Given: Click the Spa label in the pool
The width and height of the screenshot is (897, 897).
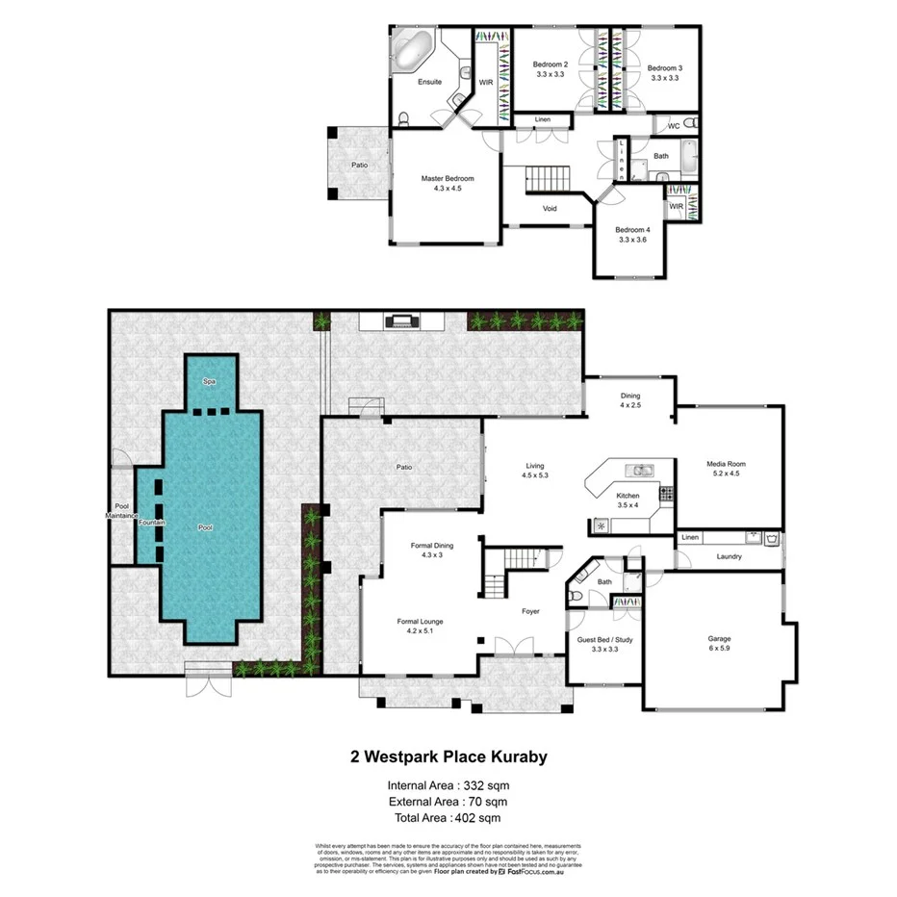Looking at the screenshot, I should pos(208,382).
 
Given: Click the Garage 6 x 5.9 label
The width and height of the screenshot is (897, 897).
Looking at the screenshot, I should pos(720,641).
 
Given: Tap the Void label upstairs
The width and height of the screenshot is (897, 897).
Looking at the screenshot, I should pos(550,208).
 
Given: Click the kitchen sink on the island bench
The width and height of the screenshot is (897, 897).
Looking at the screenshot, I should pos(640,471).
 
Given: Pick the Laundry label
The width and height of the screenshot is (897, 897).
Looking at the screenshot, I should pos(729,555).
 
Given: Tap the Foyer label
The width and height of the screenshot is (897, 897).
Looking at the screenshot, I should pos(530,611).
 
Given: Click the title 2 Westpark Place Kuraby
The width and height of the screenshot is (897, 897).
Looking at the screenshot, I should pos(448,757).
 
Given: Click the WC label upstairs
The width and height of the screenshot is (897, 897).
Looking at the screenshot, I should pos(674,126).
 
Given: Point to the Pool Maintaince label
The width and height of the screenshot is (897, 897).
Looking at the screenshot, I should pos(123,511).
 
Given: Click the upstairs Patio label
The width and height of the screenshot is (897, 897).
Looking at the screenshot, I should pos(359,166).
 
